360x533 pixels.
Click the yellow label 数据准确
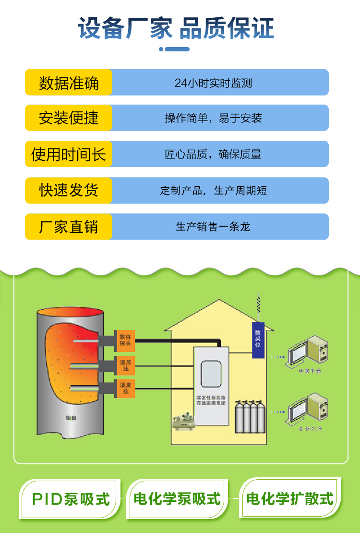click(69, 83)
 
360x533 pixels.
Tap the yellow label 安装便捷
click(69, 118)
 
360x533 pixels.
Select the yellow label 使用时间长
click(69, 154)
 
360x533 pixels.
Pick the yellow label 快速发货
click(69, 190)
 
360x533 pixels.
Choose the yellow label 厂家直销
click(69, 227)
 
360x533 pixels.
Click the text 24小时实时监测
click(213, 83)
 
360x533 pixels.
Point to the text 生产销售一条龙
click(213, 227)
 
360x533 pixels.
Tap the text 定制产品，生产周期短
click(213, 191)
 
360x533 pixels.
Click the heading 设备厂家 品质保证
click(176, 28)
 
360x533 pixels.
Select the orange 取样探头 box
click(125, 340)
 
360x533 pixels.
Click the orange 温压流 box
click(125, 366)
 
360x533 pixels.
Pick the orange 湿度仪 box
click(125, 388)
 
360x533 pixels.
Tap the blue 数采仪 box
click(258, 340)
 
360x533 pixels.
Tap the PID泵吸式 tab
click(71, 499)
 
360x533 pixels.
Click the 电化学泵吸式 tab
click(178, 499)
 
